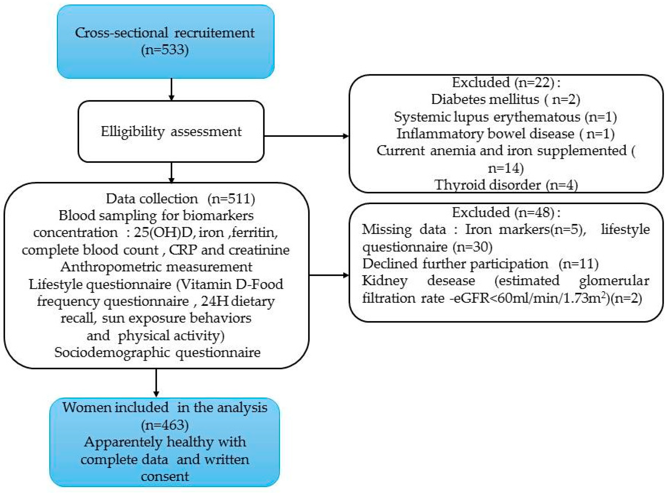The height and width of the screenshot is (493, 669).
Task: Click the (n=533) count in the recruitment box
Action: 165,49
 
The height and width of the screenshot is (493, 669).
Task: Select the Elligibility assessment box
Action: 171,132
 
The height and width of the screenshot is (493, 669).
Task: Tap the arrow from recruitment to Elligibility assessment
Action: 171,89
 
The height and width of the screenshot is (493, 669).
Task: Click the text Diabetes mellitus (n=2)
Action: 505,99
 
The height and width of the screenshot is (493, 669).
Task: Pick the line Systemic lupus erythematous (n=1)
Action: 505,117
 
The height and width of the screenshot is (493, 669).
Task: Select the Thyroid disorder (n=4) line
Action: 506,185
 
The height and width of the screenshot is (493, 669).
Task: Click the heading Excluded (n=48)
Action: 506,212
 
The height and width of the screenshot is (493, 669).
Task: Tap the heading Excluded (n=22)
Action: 506,82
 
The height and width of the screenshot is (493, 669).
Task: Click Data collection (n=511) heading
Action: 181,199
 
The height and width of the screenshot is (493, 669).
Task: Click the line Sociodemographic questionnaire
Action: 157,352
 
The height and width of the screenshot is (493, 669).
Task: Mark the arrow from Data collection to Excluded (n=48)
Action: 329,275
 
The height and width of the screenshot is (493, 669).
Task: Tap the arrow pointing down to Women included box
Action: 156,383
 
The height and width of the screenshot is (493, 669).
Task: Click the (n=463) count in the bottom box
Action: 165,425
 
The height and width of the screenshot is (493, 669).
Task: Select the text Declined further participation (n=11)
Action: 480,264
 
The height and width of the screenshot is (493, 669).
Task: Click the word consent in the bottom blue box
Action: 165,476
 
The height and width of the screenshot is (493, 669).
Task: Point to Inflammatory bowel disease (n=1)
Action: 505,134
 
